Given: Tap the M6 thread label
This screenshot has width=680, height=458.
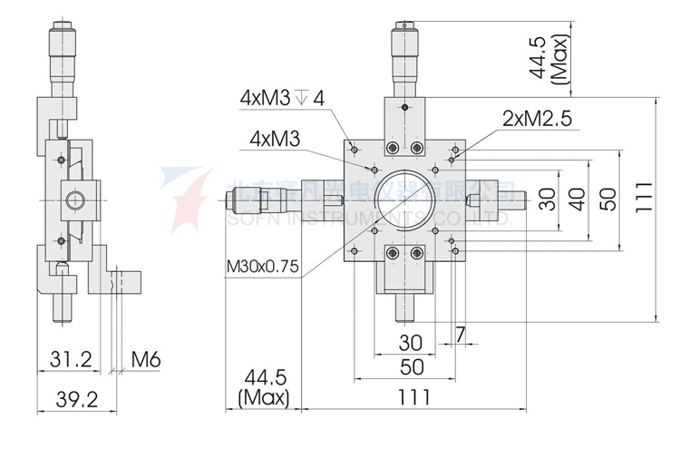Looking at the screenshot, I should pos(145,359).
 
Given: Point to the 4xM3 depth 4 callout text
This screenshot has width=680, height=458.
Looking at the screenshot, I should pos(281,97).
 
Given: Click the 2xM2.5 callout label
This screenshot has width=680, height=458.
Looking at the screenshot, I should pos(536,118).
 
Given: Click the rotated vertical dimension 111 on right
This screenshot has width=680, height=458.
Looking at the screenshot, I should pos(643,199).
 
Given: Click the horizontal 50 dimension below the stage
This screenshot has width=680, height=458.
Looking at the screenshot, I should pos(413,366).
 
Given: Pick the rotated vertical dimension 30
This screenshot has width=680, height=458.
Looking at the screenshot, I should pos(546,200).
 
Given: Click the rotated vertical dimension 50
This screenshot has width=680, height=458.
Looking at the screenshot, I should pos(607,200).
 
